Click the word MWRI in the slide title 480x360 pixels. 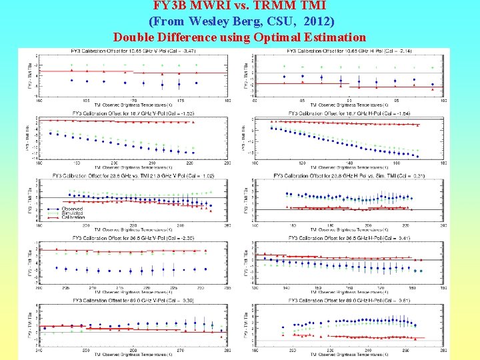click(204, 7)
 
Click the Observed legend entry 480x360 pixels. click(68, 209)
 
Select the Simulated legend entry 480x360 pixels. click(69, 213)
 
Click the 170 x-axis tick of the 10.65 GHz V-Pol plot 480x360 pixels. click(133, 101)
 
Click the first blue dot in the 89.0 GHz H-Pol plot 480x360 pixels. click(283, 328)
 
